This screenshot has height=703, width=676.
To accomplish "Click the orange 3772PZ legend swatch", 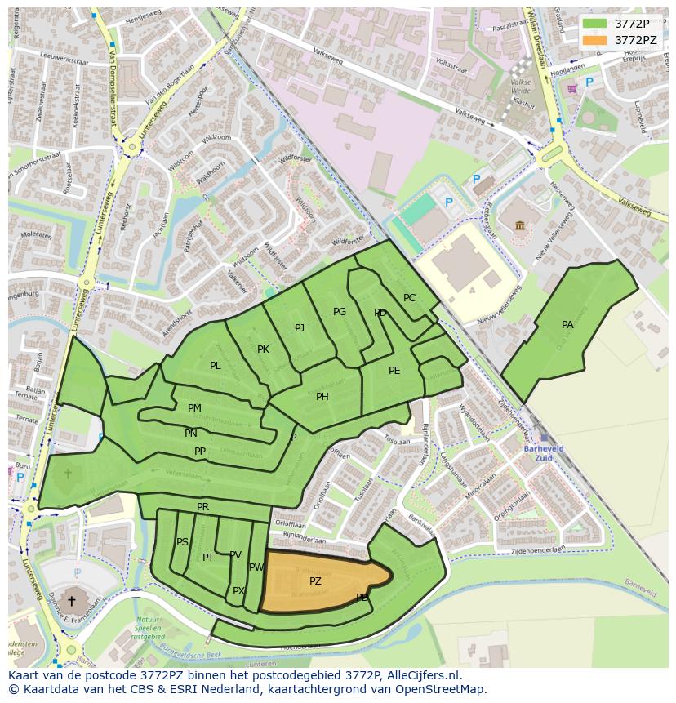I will (x=595, y=39).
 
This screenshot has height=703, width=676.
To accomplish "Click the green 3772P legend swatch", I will (x=595, y=23).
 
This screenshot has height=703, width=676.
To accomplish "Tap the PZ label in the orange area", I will (x=315, y=581).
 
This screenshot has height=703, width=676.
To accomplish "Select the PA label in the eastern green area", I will (x=567, y=325).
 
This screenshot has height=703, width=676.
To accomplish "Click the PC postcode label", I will (x=409, y=298).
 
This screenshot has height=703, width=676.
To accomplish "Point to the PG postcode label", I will (x=340, y=312).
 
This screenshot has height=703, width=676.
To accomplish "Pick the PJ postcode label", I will (x=300, y=328).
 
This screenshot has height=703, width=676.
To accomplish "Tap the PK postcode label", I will (x=263, y=349).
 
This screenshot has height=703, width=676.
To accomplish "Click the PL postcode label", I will (x=215, y=366).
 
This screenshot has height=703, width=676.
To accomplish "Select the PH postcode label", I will (x=322, y=397).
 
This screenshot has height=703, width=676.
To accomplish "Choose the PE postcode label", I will (x=394, y=371).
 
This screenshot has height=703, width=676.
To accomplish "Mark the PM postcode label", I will (x=194, y=408).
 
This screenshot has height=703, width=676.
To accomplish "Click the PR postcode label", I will (x=203, y=507).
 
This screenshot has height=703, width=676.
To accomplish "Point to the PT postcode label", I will (x=208, y=558).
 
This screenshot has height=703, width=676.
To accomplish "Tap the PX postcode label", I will (x=238, y=591).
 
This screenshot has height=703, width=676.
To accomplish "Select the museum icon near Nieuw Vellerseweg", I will (x=520, y=225).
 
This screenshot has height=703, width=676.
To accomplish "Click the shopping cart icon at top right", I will (x=572, y=88).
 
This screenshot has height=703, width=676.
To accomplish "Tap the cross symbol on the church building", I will (x=72, y=601).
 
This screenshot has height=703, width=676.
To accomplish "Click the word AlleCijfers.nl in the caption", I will (x=424, y=675).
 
